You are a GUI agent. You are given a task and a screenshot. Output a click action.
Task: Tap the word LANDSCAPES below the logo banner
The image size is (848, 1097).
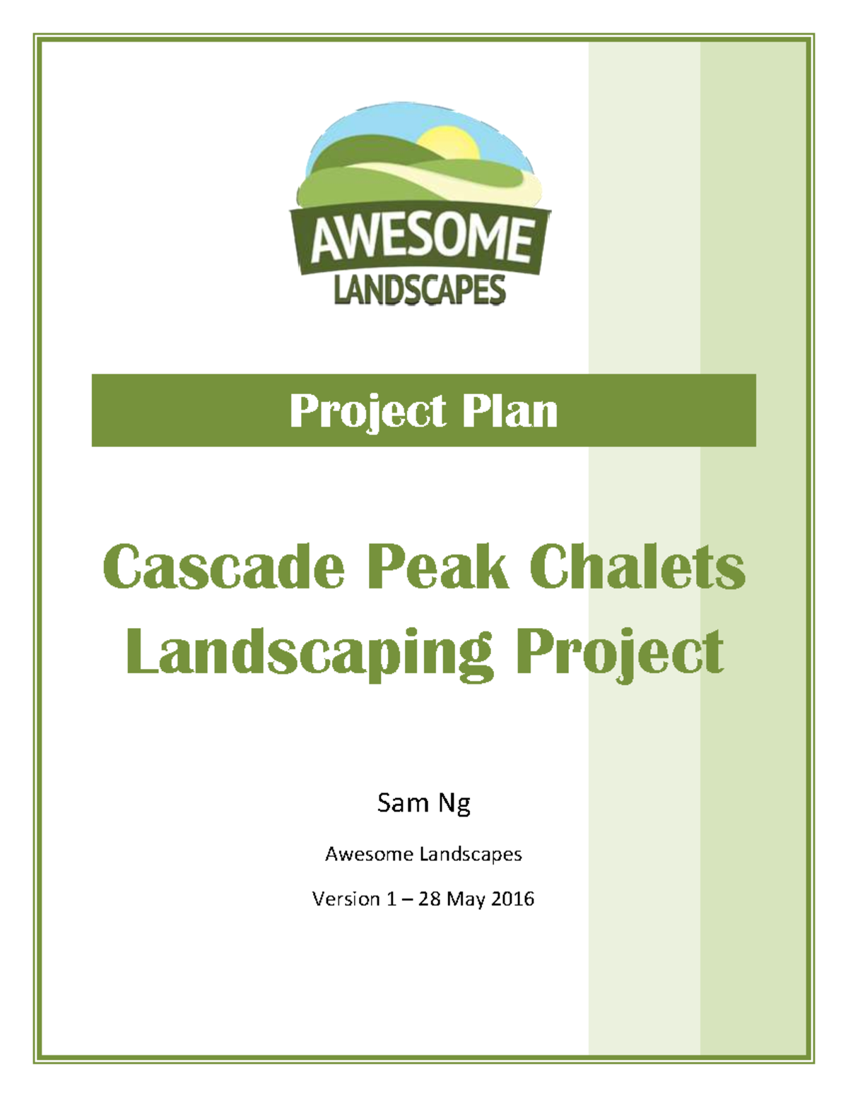pyautogui.click(x=419, y=290)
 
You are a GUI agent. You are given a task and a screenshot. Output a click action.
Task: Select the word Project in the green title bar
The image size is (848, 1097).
pyautogui.click(x=367, y=411)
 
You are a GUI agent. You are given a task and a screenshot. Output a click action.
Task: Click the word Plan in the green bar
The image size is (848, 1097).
pyautogui.click(x=510, y=411)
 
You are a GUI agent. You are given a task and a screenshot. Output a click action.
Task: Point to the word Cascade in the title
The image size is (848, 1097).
pyautogui.click(x=223, y=567)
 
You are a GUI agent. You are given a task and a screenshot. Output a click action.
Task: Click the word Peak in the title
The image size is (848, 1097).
pyautogui.click(x=437, y=567)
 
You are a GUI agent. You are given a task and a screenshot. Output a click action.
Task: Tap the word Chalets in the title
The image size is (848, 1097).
pyautogui.click(x=637, y=567)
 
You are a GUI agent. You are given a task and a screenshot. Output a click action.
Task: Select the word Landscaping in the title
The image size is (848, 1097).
pyautogui.click(x=309, y=652)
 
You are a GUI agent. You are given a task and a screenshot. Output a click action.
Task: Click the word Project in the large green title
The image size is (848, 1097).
pyautogui.click(x=619, y=652)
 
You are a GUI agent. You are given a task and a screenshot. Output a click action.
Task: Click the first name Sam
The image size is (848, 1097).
pyautogui.click(x=403, y=802)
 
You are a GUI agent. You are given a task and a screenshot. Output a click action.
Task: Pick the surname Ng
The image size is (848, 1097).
pyautogui.click(x=455, y=804)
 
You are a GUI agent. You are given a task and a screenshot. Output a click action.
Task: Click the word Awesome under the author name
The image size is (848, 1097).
pyautogui.click(x=368, y=854)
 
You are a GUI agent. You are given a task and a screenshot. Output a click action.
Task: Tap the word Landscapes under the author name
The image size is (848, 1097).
pyautogui.click(x=471, y=854)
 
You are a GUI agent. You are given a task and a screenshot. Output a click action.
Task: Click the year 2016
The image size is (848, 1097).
pyautogui.click(x=512, y=899)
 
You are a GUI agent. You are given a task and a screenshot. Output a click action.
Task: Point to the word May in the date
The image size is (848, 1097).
pyautogui.click(x=465, y=900)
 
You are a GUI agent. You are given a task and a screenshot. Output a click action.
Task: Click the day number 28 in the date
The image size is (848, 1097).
pyautogui.click(x=429, y=899)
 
